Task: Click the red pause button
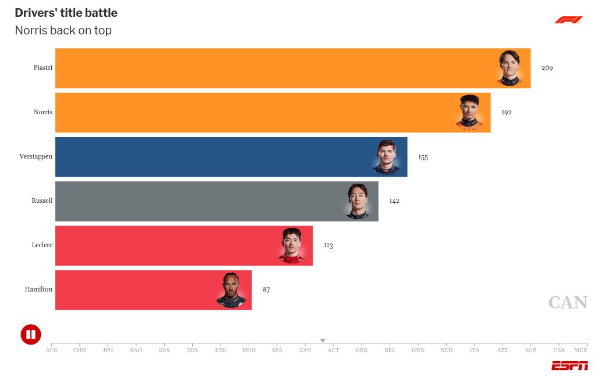point(31,334)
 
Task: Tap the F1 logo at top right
point(568,20)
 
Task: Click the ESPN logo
point(570,366)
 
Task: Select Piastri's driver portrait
point(509,68)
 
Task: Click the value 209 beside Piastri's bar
point(547,68)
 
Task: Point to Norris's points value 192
point(506,113)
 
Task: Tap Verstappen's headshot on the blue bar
point(387,157)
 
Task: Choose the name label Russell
point(42,201)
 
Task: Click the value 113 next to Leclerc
point(328,245)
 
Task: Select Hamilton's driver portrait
point(231,290)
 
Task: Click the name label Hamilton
point(38,289)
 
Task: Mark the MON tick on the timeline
point(249,350)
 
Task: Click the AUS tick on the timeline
point(52,350)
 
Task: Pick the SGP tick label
point(531,350)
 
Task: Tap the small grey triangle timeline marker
point(323,341)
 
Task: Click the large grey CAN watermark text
point(568,303)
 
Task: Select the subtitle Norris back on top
point(63,30)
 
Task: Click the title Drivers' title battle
point(66,13)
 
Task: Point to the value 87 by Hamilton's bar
point(266,290)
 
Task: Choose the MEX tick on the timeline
point(581,350)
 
